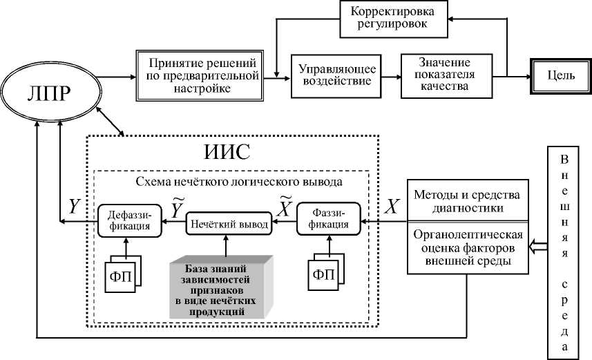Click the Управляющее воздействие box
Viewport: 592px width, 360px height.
tap(336, 75)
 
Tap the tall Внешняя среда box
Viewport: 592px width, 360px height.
tap(566, 252)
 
